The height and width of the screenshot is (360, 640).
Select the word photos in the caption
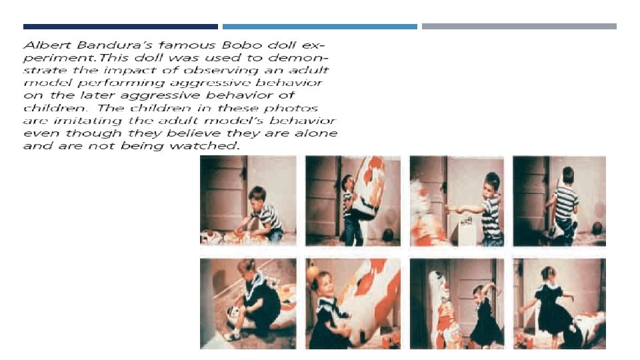pyautogui.click(x=291, y=109)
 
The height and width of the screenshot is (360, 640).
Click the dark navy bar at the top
pyautogui.click(x=121, y=27)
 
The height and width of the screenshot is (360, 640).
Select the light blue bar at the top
pyautogui.click(x=319, y=27)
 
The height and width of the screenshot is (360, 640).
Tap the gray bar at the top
pyautogui.click(x=519, y=27)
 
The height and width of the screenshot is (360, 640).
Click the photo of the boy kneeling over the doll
pyautogui.click(x=248, y=201)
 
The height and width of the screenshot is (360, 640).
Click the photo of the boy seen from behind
pyautogui.click(x=559, y=201)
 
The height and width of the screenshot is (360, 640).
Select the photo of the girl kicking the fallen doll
pyautogui.click(x=559, y=303)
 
